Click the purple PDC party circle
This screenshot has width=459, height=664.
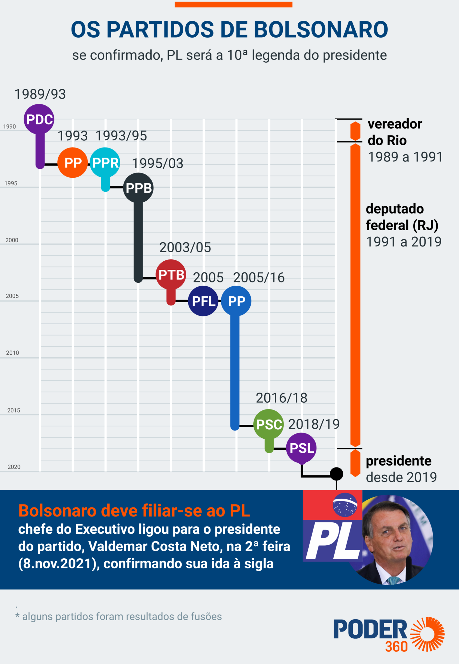39,119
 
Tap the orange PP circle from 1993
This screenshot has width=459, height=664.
73,163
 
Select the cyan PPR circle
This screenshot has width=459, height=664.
105,163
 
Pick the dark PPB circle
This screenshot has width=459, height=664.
138,188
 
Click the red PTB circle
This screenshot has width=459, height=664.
171,275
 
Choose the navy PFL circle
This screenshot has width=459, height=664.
203,301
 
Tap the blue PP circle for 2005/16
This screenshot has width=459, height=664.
236,301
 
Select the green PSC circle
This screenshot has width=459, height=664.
269,424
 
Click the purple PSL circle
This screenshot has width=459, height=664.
302,448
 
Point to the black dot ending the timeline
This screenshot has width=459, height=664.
337,474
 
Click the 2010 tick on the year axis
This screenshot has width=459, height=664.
13,353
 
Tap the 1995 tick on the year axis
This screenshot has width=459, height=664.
11,184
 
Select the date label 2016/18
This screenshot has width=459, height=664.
281,398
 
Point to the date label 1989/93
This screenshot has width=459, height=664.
40,94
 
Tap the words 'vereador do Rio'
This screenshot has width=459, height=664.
395,132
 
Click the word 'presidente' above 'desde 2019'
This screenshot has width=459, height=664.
398,461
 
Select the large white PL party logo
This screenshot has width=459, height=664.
333,542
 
